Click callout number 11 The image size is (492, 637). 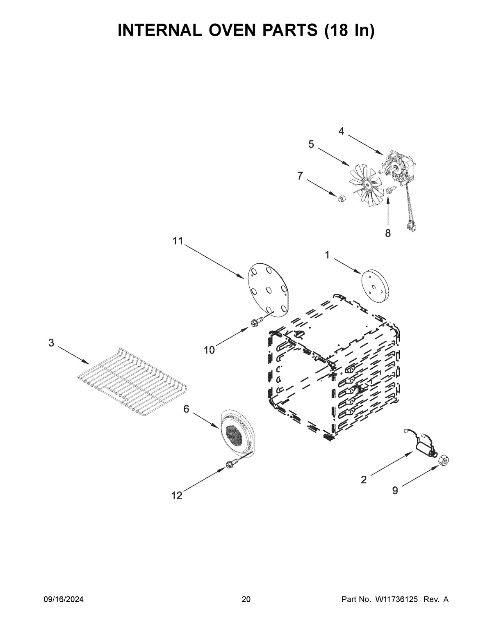(x=177, y=241)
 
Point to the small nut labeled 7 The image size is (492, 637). (x=340, y=199)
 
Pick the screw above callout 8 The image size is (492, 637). (x=390, y=190)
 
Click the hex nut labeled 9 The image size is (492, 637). (x=443, y=460)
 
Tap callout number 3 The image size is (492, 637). (x=51, y=343)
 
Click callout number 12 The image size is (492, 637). (x=177, y=495)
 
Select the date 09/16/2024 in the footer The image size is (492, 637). (x=64, y=600)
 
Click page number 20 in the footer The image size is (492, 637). (x=246, y=600)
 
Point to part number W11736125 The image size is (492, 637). (x=396, y=600)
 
